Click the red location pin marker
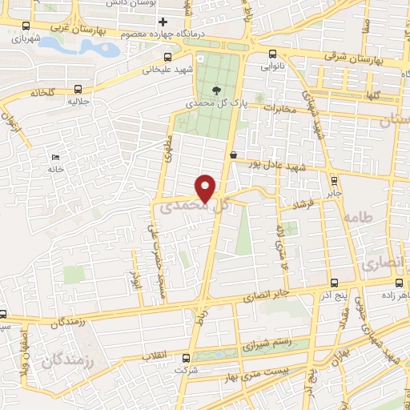click(x=207, y=187)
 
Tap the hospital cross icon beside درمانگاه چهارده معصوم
click(x=164, y=22)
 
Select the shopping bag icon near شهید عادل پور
click(x=233, y=155)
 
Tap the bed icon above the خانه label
click(x=54, y=156)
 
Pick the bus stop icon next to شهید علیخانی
click(x=167, y=57)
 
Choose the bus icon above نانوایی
click(x=266, y=55)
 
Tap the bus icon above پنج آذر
click(x=334, y=283)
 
